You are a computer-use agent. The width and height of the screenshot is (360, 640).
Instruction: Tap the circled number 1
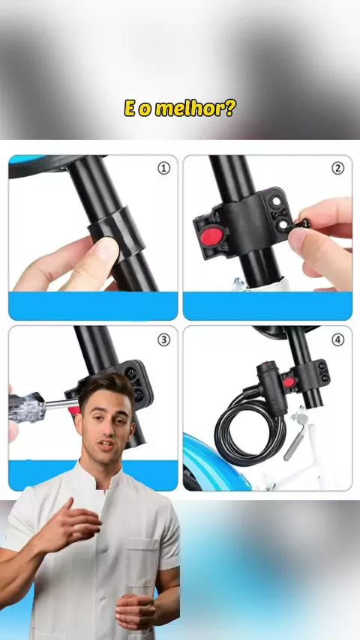point(163,168)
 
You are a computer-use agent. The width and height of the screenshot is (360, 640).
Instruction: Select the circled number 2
point(337,168)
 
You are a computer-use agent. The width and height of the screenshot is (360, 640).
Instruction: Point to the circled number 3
point(163,339)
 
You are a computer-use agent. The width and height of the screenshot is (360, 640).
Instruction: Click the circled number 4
point(337,339)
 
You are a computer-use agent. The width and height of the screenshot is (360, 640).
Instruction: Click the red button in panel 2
point(211,236)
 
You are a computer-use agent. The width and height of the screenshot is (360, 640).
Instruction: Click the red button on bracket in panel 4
point(289,382)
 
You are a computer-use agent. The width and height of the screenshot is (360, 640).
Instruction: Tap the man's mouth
point(106,445)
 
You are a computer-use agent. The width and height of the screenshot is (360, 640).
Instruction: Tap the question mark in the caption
point(229,108)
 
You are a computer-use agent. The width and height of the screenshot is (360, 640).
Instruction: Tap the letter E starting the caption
point(130,109)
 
